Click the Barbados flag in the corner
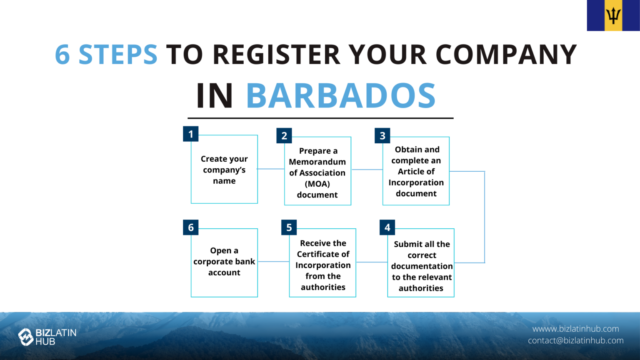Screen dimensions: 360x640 pos(613,15)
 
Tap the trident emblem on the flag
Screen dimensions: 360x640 pos(613,16)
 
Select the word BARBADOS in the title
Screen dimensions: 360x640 pos(340,96)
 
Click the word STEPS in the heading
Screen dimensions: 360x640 pos(118,55)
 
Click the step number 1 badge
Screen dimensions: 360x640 pos(191,134)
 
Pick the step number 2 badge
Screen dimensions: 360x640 pos(284,136)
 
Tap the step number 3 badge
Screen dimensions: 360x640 pos(382,136)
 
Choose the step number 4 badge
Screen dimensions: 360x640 pos(387,227)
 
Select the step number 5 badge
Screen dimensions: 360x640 pos(289,227)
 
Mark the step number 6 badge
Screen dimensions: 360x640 pos(191,227)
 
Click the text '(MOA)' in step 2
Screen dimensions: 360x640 pos(317,184)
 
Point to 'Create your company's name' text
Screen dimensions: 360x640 pos(224,170)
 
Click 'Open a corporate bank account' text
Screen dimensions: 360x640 pos(224,262)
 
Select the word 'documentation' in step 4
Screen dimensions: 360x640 pos(422,266)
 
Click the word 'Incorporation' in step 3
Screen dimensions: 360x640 pos(416,182)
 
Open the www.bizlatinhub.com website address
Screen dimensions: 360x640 pos(575,329)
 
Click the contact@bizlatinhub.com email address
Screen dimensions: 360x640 pos(575,340)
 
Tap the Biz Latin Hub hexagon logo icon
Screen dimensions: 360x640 pos(25,337)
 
